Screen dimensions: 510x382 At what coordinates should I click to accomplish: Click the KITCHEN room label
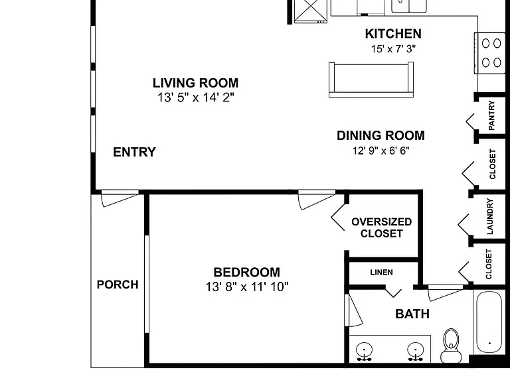click(x=393, y=34)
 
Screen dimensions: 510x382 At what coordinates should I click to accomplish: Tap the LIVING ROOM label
click(x=195, y=83)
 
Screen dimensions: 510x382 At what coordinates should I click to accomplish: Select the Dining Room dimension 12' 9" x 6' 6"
click(x=381, y=151)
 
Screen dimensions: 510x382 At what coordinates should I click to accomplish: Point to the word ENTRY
click(x=134, y=152)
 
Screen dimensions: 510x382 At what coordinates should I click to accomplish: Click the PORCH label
click(x=118, y=285)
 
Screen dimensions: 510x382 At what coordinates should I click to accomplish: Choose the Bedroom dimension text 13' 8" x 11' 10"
click(x=247, y=286)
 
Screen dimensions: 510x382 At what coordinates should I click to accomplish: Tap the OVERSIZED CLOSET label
click(x=382, y=227)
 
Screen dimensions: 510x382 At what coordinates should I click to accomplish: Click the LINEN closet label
click(x=381, y=272)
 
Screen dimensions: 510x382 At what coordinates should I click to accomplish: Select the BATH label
click(x=412, y=314)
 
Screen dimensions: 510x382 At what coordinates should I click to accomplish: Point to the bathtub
click(x=489, y=322)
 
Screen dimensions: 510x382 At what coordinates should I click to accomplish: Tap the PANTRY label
click(x=491, y=115)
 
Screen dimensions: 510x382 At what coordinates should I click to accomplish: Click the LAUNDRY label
click(x=490, y=217)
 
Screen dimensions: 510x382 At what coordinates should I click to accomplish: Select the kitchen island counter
click(x=371, y=80)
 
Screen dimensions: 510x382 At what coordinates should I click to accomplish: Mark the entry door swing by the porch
click(x=120, y=198)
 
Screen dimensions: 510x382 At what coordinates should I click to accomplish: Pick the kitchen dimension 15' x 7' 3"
click(x=393, y=49)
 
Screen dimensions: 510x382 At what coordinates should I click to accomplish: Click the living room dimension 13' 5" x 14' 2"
click(x=195, y=97)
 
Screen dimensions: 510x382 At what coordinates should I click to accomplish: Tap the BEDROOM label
click(x=246, y=272)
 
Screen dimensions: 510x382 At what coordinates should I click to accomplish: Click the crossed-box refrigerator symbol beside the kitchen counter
click(x=310, y=11)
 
